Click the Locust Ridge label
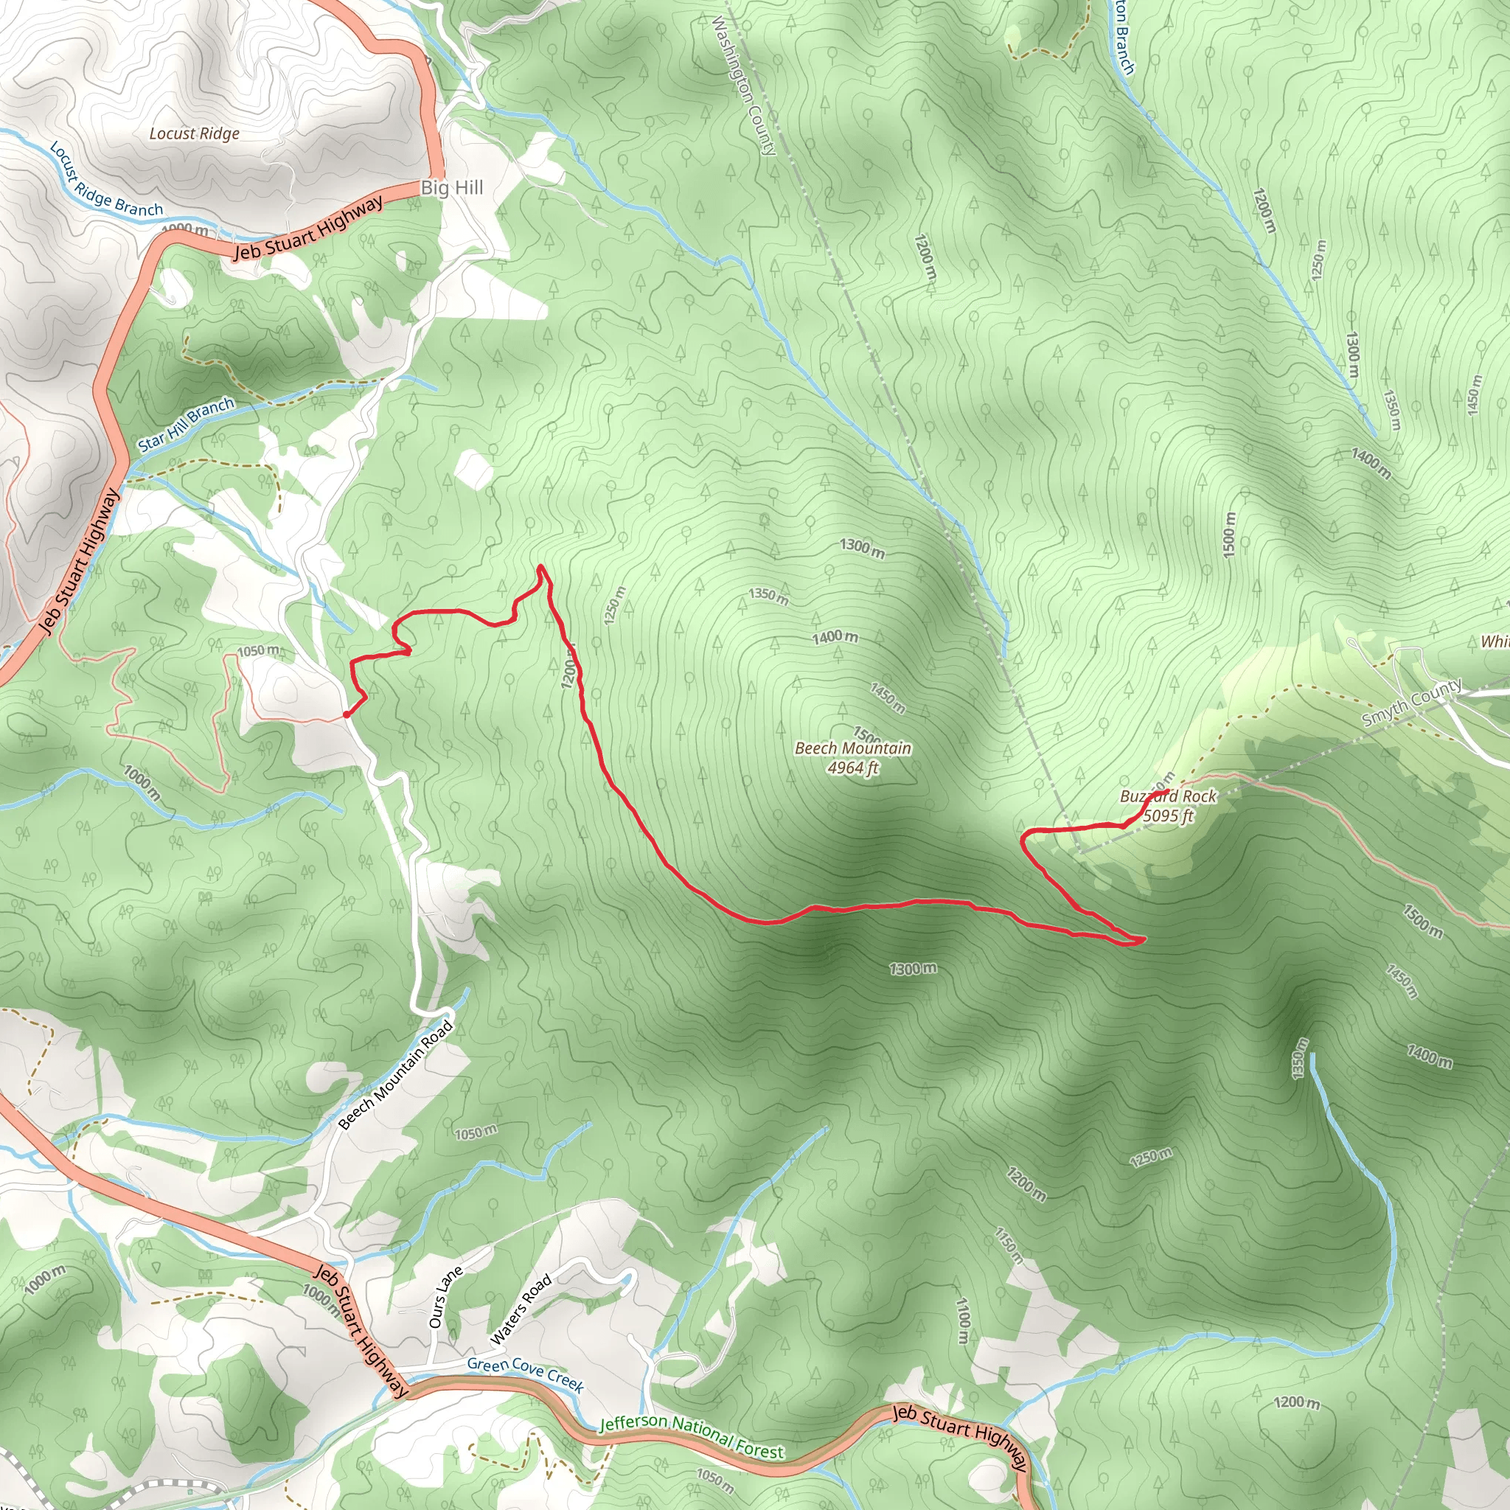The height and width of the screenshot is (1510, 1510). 194,133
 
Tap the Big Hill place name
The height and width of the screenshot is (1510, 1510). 452,187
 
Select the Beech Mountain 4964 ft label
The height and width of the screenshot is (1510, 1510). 853,757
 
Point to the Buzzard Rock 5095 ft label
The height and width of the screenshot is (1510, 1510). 1168,806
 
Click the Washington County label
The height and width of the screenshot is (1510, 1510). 743,86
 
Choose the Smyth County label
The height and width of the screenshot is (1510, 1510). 1411,702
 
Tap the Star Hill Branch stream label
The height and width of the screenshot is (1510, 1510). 186,425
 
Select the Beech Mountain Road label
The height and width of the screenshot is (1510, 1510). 395,1075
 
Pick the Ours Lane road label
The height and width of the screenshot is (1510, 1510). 445,1298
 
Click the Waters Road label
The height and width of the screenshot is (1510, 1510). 521,1309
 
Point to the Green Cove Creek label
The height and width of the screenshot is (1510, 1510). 525,1375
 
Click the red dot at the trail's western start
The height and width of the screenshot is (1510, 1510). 347,714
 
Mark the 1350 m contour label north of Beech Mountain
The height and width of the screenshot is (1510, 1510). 768,596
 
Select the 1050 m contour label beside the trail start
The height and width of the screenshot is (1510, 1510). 258,651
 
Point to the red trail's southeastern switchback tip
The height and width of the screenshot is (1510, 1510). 1144,939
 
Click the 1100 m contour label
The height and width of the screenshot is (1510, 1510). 964,1320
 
